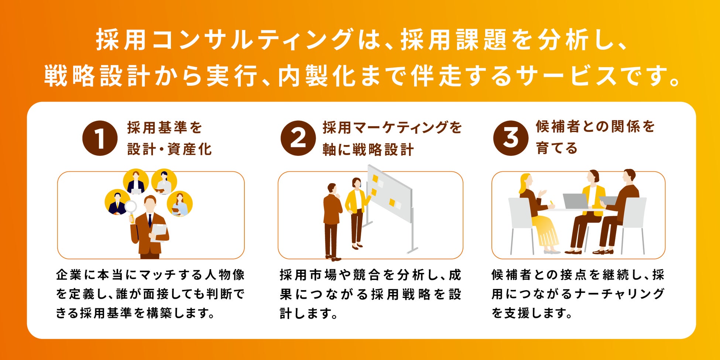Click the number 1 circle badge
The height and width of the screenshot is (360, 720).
[x=100, y=138]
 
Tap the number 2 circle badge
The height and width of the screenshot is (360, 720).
[x=298, y=138]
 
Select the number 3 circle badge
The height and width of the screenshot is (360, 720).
[x=511, y=138]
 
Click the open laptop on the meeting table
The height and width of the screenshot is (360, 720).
[x=576, y=201]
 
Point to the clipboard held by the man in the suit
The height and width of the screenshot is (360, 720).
[x=159, y=233]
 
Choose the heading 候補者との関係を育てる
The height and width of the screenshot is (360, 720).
[x=595, y=137]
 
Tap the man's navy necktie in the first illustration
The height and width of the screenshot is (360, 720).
[x=150, y=220]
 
